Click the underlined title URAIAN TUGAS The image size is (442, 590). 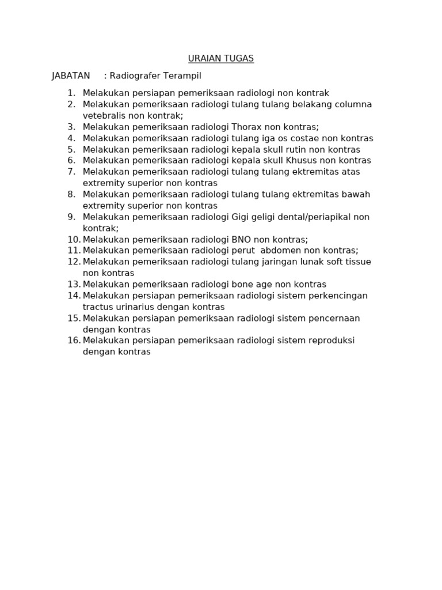click(x=220, y=59)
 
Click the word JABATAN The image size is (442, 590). click(x=71, y=76)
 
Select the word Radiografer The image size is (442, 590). click(x=134, y=76)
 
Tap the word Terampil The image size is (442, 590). click(x=181, y=76)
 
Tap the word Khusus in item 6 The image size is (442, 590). click(x=302, y=161)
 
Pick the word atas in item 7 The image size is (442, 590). click(x=350, y=172)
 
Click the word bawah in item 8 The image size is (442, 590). click(x=357, y=194)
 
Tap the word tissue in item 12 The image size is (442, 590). click(x=357, y=262)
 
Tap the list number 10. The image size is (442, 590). click(x=74, y=240)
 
